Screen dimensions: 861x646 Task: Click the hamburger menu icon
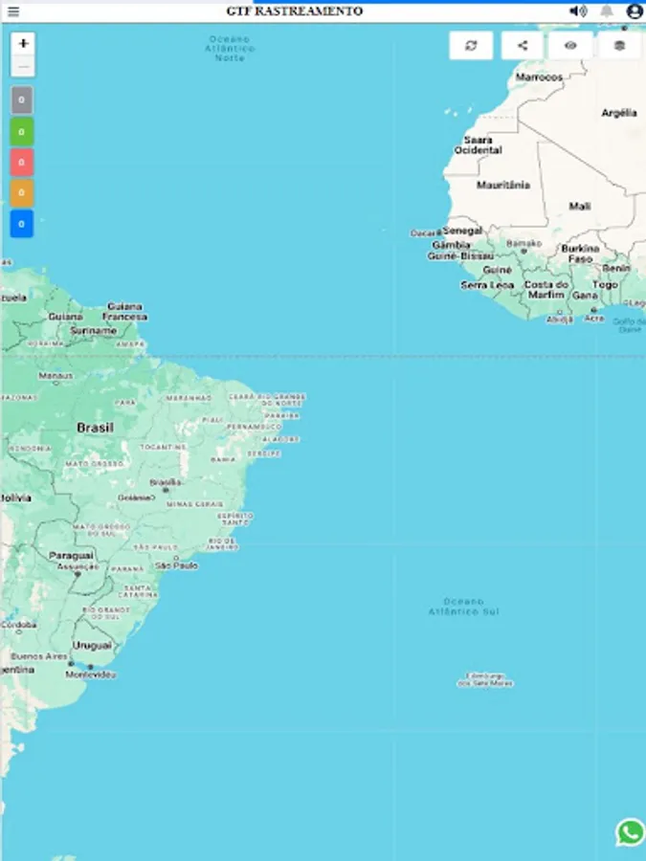[13, 11]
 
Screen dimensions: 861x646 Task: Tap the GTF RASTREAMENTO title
[295, 11]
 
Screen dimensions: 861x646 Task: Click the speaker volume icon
[577, 11]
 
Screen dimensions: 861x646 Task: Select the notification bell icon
[606, 11]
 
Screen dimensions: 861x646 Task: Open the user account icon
[634, 11]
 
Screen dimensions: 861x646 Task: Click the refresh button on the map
[471, 45]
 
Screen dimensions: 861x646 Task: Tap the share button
[522, 45]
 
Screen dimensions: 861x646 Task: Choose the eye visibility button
[570, 45]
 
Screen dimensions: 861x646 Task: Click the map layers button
[619, 45]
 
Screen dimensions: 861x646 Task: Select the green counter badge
[22, 131]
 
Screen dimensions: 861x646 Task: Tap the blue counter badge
[22, 224]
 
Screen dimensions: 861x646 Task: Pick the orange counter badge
[22, 192]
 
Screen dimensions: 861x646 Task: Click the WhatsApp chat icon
[630, 832]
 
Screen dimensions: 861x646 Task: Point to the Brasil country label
[95, 428]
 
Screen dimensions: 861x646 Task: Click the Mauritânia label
[502, 185]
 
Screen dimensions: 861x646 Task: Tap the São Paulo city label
[177, 565]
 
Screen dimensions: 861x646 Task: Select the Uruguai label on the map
[93, 646]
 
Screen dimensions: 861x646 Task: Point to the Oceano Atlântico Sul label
[464, 606]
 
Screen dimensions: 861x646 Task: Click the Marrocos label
[539, 77]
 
